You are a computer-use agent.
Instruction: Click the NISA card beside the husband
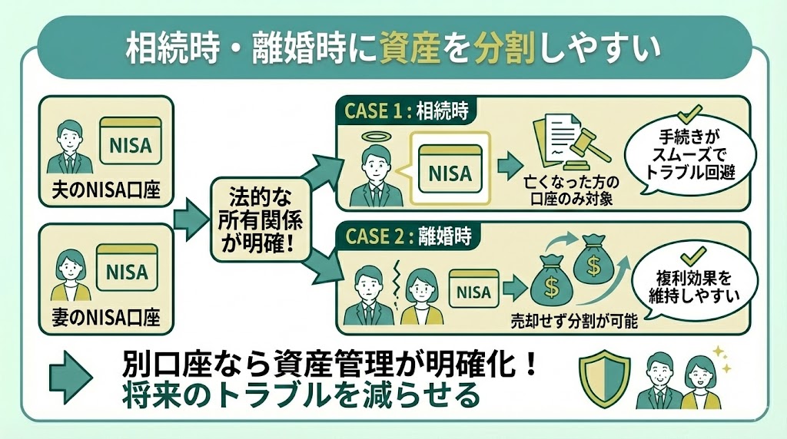pos(131,144)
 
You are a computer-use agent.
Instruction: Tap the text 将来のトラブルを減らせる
pos(301,396)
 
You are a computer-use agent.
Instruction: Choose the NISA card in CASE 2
pos(473,291)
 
